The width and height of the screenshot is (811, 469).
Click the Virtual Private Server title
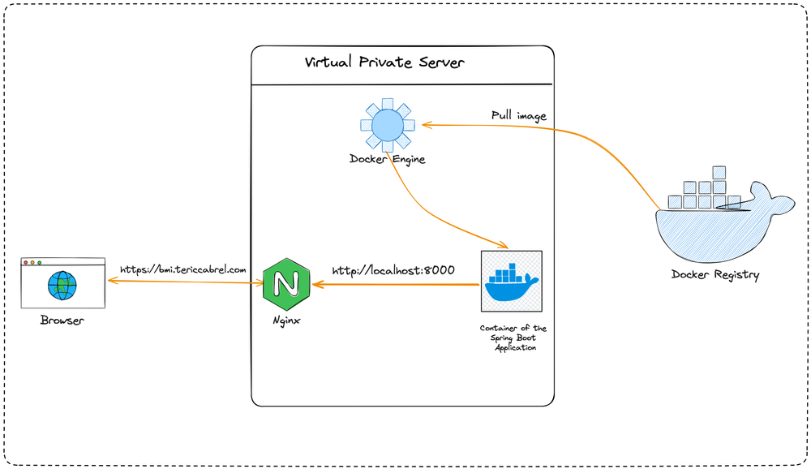(x=384, y=62)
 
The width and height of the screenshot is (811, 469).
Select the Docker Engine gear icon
(x=387, y=124)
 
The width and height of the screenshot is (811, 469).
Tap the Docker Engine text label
(x=387, y=159)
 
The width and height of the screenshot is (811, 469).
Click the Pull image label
(x=518, y=115)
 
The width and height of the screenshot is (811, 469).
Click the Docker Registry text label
(x=715, y=274)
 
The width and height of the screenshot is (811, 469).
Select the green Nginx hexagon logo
(x=285, y=283)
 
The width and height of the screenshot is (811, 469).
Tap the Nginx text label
(x=286, y=321)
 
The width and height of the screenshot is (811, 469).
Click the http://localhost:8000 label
(x=393, y=269)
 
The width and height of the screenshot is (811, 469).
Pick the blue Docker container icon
(x=511, y=282)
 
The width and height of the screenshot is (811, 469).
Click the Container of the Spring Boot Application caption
(x=513, y=338)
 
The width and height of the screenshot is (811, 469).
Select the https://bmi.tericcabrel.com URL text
(x=182, y=269)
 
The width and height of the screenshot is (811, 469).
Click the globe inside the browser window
(x=62, y=285)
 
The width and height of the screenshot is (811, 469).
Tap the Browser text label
(x=62, y=321)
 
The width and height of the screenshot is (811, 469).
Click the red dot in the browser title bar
(x=26, y=263)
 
